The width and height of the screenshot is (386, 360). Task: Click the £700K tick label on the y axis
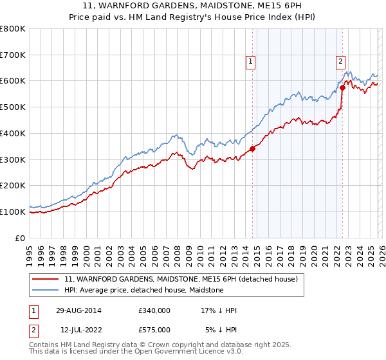tap(13, 55)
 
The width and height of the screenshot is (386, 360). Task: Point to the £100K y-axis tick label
tap(13, 212)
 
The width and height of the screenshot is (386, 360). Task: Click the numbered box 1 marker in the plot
tap(250, 62)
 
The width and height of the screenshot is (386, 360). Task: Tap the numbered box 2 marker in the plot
tap(340, 62)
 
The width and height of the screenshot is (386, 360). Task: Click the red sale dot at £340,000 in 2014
tap(252, 148)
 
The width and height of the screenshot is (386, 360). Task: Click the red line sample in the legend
tap(46, 280)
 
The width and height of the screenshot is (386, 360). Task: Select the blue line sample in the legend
tap(46, 291)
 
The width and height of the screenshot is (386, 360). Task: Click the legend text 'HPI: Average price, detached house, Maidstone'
tap(143, 291)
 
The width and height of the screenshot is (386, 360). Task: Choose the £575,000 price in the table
tap(154, 330)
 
